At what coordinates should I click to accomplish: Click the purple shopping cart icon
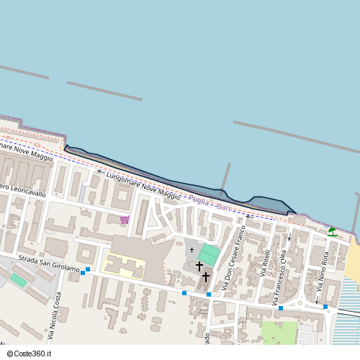(125, 220)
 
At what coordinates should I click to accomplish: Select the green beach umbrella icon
(332, 232)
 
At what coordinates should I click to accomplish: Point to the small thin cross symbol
(192, 251)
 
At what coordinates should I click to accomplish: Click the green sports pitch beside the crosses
(209, 254)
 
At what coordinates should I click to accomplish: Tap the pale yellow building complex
(124, 266)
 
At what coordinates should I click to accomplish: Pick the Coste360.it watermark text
(32, 354)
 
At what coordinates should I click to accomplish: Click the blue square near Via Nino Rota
(325, 307)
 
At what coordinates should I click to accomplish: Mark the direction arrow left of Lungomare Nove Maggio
(99, 173)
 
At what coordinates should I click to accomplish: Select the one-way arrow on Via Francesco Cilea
(289, 237)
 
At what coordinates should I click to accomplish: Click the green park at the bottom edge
(279, 333)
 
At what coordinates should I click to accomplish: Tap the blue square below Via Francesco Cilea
(281, 308)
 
